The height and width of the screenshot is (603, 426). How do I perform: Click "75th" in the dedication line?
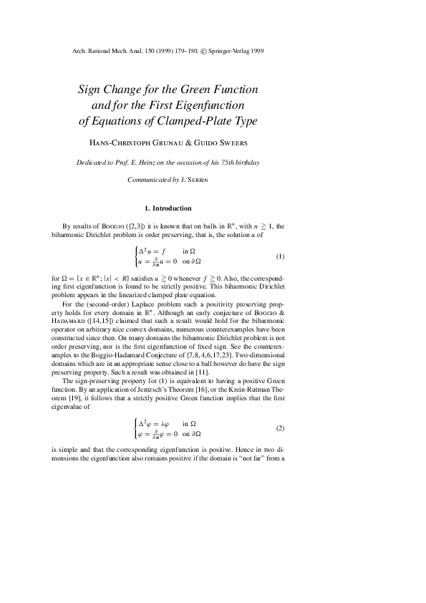pos(221,163)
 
